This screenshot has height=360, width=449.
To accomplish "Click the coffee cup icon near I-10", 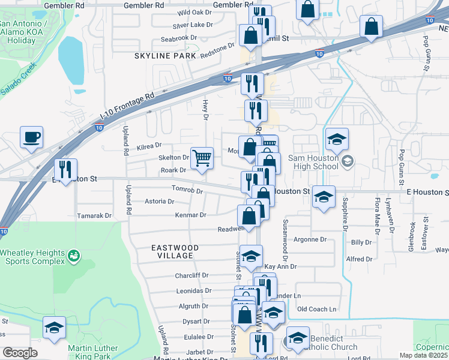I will pos(31,137).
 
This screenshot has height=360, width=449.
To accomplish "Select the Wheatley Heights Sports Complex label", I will pos(32,257).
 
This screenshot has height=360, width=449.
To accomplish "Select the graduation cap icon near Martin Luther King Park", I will pos(54,329).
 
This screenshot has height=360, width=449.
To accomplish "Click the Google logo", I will pos(20,353).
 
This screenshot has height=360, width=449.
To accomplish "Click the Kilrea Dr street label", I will pos(149,145).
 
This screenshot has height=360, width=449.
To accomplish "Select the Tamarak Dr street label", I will pos(95,215).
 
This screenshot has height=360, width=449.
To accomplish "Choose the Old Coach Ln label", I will pos(316,310).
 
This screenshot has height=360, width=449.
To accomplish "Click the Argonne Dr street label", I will pos(309,239).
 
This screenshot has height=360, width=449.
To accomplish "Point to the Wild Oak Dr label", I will pos(194,12).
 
